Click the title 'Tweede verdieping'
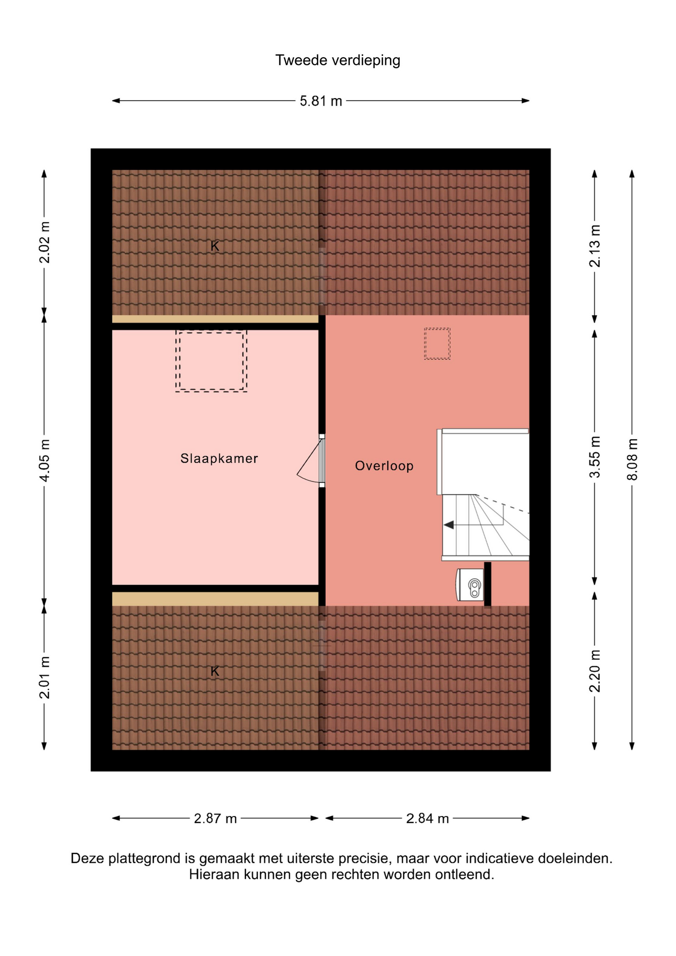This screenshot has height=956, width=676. click(338, 60)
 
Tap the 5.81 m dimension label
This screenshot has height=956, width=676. click(321, 101)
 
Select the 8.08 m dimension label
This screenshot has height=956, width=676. click(632, 459)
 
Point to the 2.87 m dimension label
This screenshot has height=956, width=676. click(215, 819)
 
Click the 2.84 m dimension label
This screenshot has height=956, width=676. click(428, 819)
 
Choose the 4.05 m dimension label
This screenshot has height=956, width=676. click(44, 461)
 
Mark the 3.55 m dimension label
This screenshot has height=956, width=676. click(595, 457)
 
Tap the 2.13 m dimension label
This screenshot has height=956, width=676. click(595, 246)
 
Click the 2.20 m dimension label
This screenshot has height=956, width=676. click(595, 671)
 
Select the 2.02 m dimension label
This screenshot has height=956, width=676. click(44, 242)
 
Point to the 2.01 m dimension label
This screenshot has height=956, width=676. click(44, 678)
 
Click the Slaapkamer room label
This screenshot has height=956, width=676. click(219, 459)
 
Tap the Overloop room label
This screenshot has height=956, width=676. click(384, 466)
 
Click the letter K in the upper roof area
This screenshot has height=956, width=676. click(215, 246)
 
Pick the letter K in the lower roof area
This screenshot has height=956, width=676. click(215, 671)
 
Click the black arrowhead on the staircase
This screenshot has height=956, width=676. click(449, 525)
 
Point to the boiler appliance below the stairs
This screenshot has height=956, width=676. click(470, 585)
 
